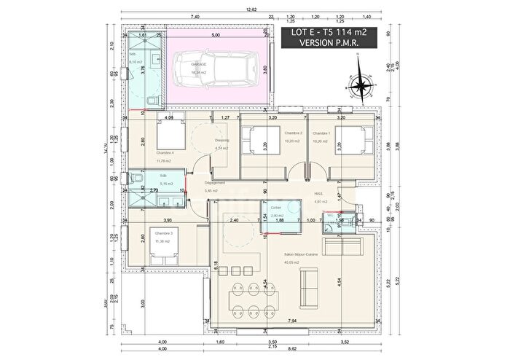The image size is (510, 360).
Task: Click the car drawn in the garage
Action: pyautogui.click(x=218, y=69)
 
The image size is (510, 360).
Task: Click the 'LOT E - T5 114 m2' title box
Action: pyautogui.click(x=334, y=38)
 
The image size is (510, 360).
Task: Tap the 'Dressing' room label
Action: pyautogui.click(x=221, y=141)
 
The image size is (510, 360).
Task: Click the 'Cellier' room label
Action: pyautogui.click(x=276, y=207)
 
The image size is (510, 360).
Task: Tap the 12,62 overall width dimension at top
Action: pyautogui.click(x=251, y=9)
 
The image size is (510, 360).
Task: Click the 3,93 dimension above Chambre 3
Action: pyautogui.click(x=167, y=220)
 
